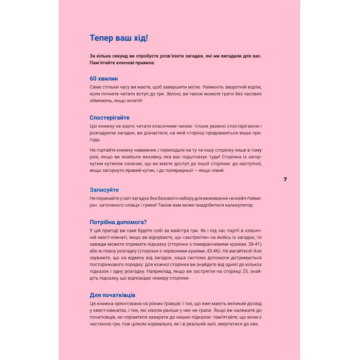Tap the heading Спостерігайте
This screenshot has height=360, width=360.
(x=110, y=117)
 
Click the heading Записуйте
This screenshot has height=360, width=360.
(x=104, y=189)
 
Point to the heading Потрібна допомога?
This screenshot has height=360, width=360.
(x=118, y=222)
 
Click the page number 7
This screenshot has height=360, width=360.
(x=285, y=179)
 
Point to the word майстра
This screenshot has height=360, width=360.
(x=182, y=231)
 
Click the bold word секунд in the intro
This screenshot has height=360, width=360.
(x=122, y=55)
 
